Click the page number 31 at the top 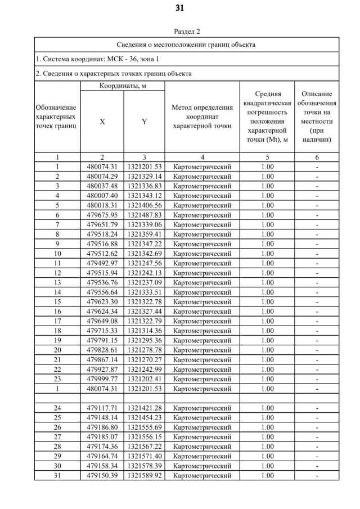point(180,8)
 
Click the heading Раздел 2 point(186,31)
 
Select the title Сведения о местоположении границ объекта point(186,44)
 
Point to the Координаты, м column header point(123,85)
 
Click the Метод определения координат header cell point(202,116)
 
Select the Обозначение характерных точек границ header point(57,116)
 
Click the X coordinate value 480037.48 point(102,186)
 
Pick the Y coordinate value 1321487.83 point(144,215)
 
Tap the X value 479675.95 point(102,215)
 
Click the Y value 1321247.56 point(144,263)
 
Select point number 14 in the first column point(57,292)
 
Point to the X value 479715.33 point(102,331)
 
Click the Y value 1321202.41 point(144,379)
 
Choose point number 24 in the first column point(57,408)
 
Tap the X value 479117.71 point(102,408)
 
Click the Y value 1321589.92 point(144,476)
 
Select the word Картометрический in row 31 point(202,476)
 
